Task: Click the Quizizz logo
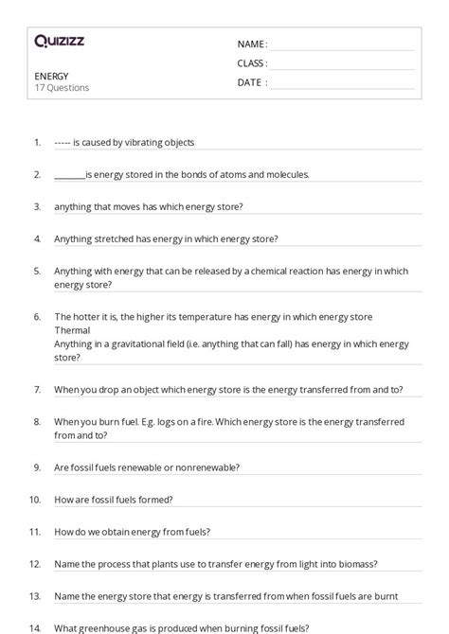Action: pyautogui.click(x=59, y=41)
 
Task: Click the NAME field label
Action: pyautogui.click(x=252, y=44)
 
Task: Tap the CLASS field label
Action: pyautogui.click(x=252, y=63)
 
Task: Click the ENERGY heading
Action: pyautogui.click(x=51, y=76)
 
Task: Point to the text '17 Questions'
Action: pyautogui.click(x=62, y=88)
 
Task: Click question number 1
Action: pyautogui.click(x=37, y=143)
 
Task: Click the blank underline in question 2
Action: pyautogui.click(x=69, y=175)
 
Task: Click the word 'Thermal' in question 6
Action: pyautogui.click(x=72, y=331)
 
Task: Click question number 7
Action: pyautogui.click(x=37, y=390)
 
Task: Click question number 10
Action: pyautogui.click(x=35, y=500)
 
